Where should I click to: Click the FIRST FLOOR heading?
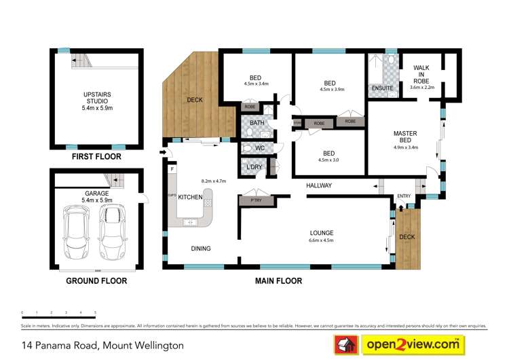(96, 157)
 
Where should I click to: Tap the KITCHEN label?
(191, 197)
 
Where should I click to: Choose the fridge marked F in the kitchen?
(173, 168)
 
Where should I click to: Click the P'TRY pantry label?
(256, 201)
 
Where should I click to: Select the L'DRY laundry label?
(254, 167)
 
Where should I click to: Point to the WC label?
(259, 148)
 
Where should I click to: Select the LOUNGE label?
(321, 233)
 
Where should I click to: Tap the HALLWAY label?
(318, 185)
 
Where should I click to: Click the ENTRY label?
(404, 196)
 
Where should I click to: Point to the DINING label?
(201, 249)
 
